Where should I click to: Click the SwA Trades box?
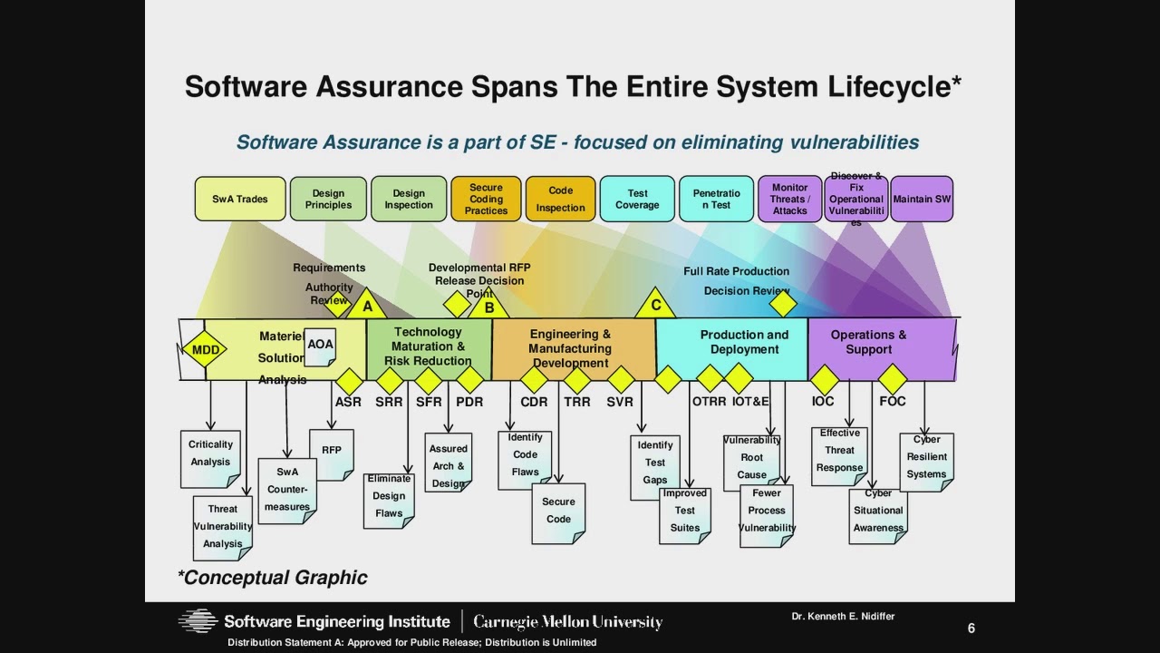[x=240, y=200]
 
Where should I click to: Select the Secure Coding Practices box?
[x=486, y=200]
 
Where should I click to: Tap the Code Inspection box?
[x=561, y=200]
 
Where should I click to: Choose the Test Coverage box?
[x=637, y=200]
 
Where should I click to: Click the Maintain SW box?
[x=922, y=200]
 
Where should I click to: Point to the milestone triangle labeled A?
[x=367, y=306]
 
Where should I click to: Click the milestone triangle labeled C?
[x=656, y=305]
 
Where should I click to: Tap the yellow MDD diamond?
[x=206, y=350]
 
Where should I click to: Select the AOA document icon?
[x=320, y=346]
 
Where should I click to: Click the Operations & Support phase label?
[x=868, y=342]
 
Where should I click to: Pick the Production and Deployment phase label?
[x=744, y=342]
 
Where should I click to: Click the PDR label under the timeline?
[x=469, y=402]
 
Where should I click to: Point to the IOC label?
[x=823, y=402]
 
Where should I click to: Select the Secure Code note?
[x=558, y=512]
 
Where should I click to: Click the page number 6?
[x=971, y=629]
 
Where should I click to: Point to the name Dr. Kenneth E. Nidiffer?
[x=843, y=617]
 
